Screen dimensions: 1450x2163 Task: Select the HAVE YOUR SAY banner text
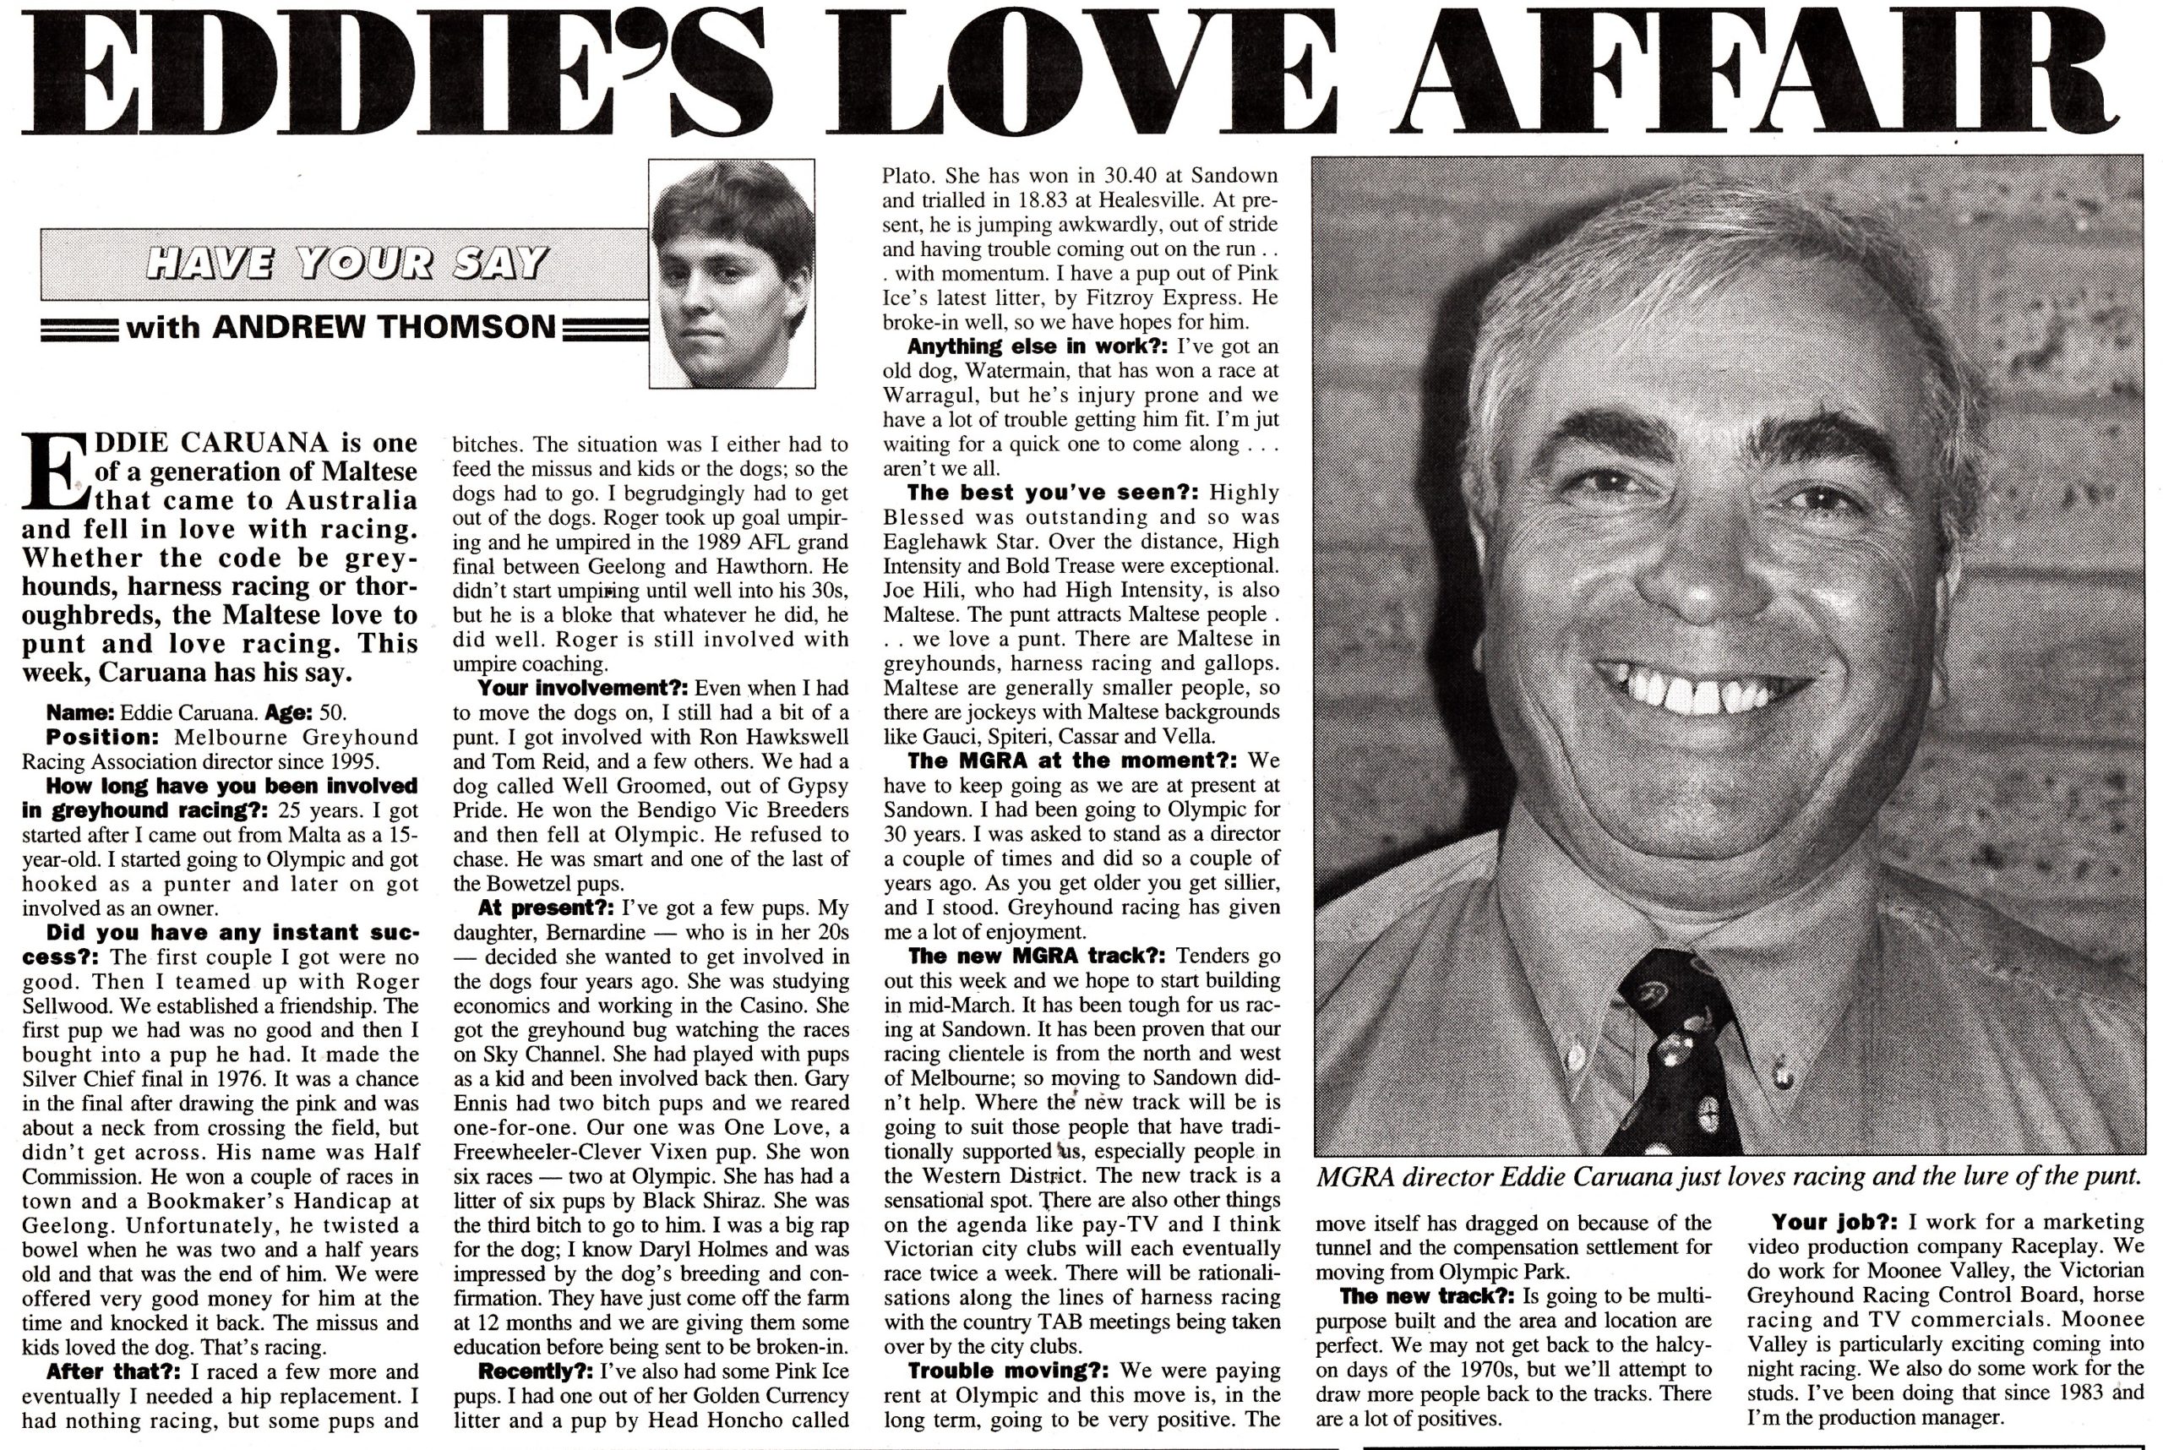346,264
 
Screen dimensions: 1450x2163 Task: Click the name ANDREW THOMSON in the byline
384,326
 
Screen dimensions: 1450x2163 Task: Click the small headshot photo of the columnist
732,274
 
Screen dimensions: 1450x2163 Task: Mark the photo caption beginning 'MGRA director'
1729,1177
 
